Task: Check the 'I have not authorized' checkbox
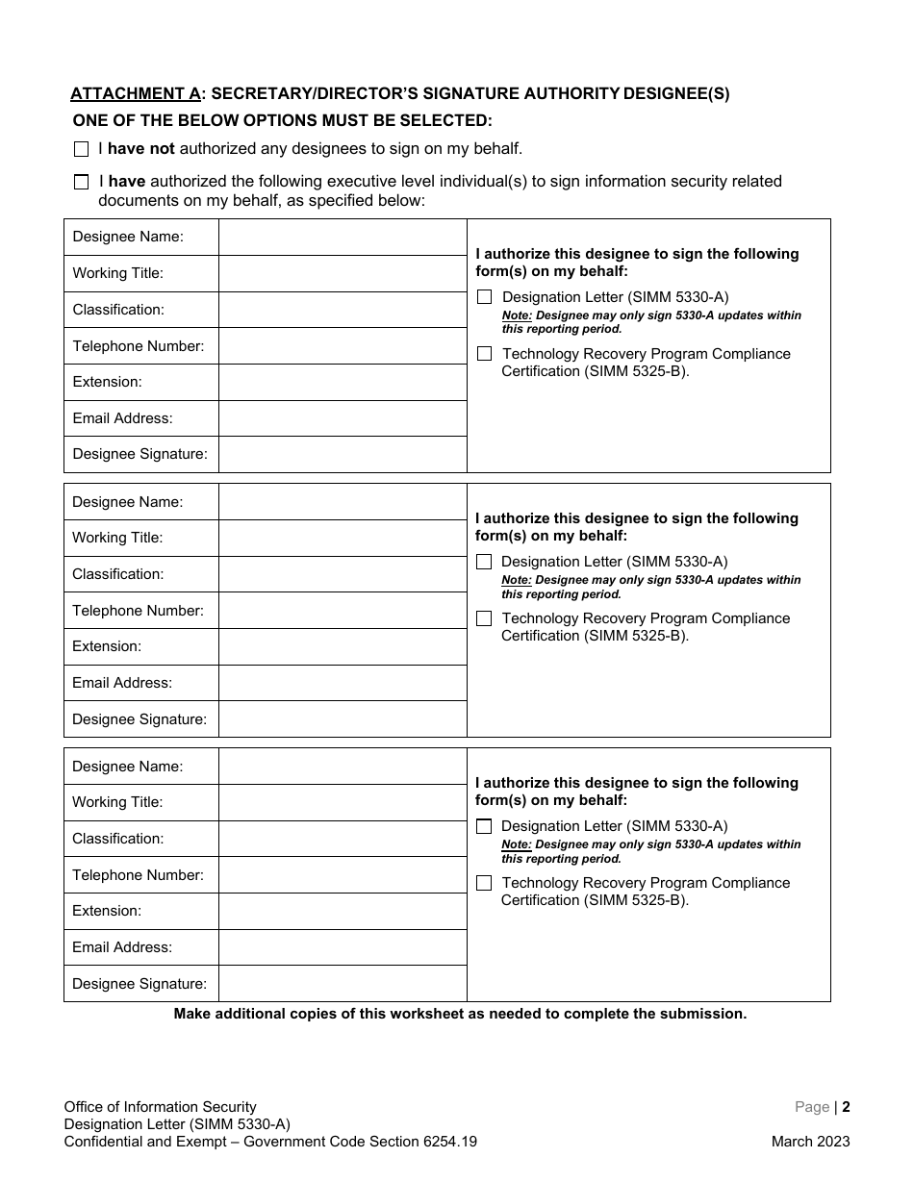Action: [x=81, y=150]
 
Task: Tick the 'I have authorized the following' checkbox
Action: [x=81, y=182]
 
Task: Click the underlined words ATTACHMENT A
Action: [x=136, y=93]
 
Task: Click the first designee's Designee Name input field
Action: [x=343, y=238]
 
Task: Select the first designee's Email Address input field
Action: [x=343, y=418]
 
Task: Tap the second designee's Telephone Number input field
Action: [x=343, y=611]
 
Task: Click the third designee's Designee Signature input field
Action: [x=343, y=984]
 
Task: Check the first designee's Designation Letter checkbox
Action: [x=484, y=297]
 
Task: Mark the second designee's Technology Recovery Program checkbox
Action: [x=484, y=618]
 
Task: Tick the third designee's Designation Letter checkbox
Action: [x=484, y=826]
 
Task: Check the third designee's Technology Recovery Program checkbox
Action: [x=484, y=883]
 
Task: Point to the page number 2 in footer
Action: [x=846, y=1107]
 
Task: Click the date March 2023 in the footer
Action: [x=810, y=1143]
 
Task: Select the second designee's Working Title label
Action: [x=117, y=538]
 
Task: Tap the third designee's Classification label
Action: [x=117, y=839]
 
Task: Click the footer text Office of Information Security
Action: [x=161, y=1107]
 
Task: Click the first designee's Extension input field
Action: [x=343, y=382]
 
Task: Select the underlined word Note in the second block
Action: [x=516, y=580]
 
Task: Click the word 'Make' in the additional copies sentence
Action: [x=190, y=1014]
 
